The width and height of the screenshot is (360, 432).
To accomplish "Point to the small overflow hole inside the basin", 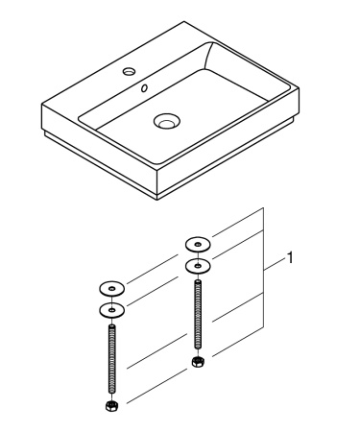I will point(144,88).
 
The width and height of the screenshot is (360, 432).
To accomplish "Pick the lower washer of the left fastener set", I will point(113,309).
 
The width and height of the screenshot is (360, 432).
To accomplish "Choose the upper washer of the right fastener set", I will point(197,242).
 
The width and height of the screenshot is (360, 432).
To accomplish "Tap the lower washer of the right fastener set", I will point(197,264).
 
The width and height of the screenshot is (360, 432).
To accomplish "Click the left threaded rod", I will point(112,359).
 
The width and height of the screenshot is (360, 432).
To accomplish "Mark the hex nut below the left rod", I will point(112,406).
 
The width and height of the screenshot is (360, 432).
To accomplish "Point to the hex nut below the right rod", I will point(197,362).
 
